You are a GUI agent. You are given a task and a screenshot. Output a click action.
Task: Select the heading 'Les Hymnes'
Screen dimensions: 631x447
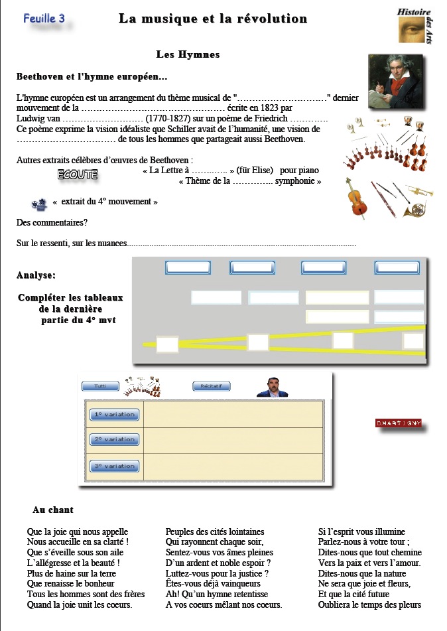coord(188,54)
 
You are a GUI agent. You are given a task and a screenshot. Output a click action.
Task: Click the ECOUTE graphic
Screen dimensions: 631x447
coord(78,175)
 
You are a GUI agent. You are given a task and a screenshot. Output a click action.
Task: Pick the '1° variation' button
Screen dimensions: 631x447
coord(114,415)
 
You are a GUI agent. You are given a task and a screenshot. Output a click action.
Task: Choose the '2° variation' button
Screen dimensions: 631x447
coord(114,439)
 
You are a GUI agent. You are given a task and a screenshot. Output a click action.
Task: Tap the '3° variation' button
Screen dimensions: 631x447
coord(114,466)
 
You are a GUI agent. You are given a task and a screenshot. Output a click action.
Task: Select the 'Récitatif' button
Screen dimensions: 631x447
coord(212,386)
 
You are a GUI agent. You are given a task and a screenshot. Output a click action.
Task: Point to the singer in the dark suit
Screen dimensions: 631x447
coord(271,387)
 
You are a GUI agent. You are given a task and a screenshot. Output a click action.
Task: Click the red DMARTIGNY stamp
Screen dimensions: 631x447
coord(399,423)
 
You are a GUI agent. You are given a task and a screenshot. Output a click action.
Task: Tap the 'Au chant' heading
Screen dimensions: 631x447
coord(53,510)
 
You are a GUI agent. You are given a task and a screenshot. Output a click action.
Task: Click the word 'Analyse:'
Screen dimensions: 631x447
coord(36,275)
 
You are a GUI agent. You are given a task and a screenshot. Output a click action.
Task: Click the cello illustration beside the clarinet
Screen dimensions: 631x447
coord(357,199)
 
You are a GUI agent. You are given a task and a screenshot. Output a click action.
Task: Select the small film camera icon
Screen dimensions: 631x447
coord(39,204)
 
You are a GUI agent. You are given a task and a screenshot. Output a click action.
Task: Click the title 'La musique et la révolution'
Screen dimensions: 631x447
coord(213,19)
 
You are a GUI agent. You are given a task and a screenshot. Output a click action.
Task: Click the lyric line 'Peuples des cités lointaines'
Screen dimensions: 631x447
coord(214,531)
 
